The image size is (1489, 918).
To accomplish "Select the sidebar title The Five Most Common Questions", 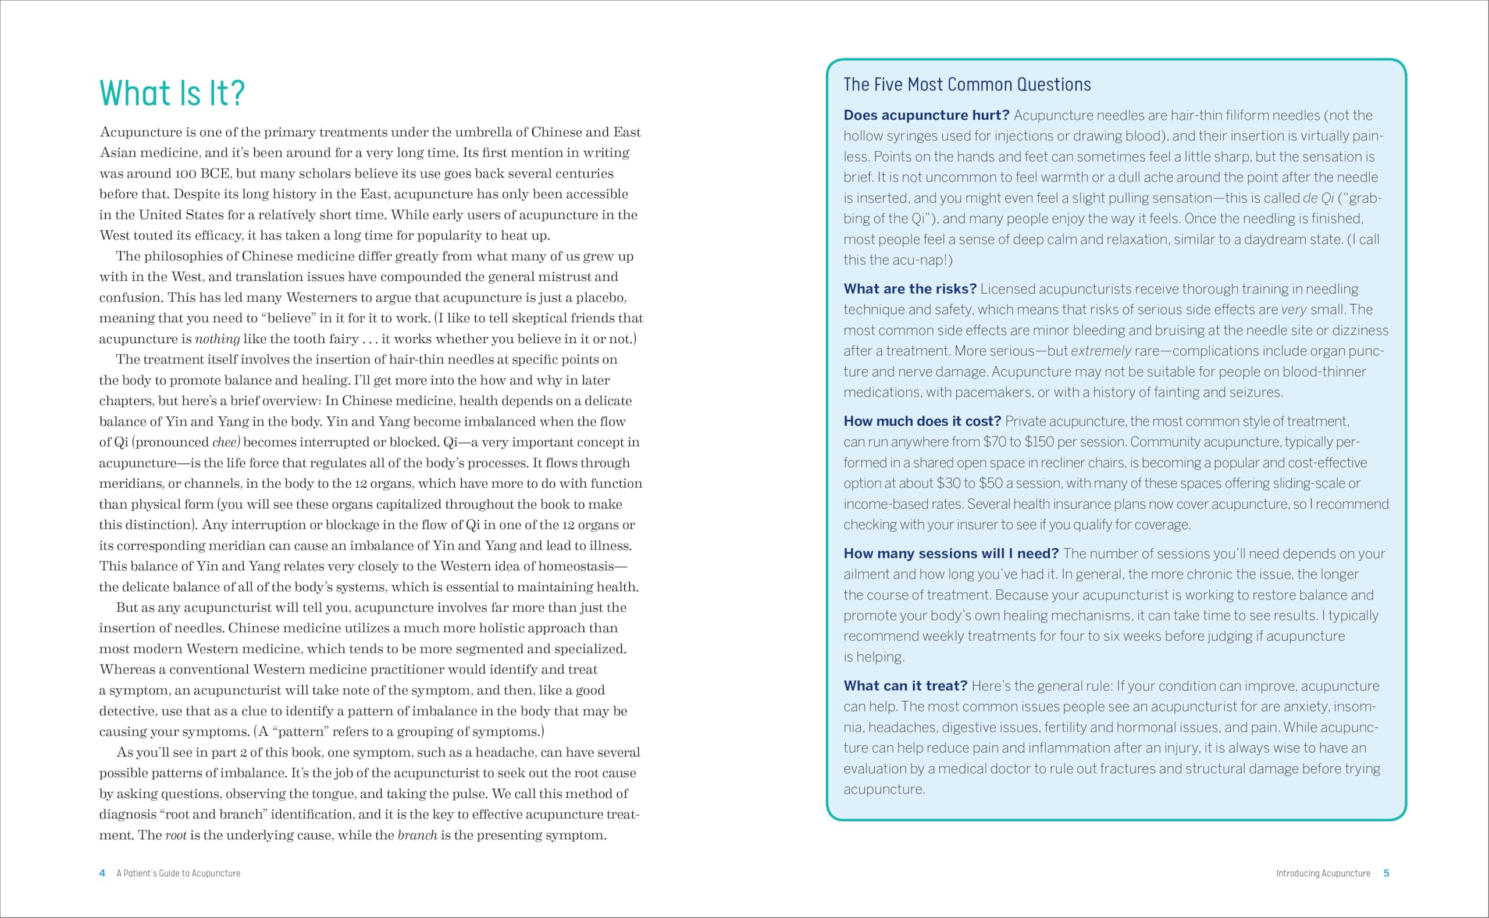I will point(967,84).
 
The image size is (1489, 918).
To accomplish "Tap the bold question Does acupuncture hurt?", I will point(926,115).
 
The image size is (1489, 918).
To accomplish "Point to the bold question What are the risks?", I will point(910,289).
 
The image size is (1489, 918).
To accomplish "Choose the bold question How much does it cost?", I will point(922,422).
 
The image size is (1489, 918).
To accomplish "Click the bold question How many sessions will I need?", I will point(950,553).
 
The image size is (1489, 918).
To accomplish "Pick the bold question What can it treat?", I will point(905,686).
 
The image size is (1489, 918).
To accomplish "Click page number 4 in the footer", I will point(102,873).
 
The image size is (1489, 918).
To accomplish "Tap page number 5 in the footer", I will point(1387,873).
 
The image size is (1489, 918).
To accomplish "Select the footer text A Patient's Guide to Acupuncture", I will point(179,873).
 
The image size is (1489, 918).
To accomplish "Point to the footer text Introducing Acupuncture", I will point(1323,873).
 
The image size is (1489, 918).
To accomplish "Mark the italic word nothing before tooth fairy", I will point(217,339).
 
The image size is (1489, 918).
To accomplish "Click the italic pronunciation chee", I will point(225,442).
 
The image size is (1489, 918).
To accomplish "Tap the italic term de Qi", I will point(1318,198).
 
